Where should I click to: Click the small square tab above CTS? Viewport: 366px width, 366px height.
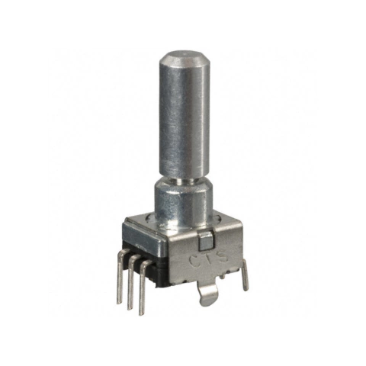click(x=204, y=242)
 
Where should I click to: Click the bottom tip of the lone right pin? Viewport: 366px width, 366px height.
click(x=245, y=291)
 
